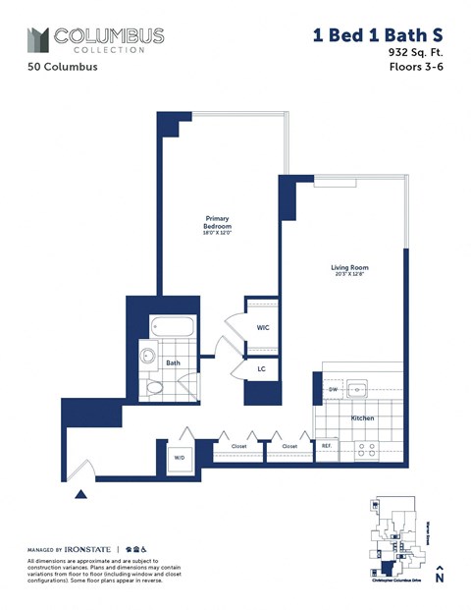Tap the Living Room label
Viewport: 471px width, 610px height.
tap(347, 266)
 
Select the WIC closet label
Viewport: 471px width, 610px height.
tap(262, 327)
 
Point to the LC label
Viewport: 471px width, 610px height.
tap(262, 368)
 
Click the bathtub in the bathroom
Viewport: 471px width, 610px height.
tap(175, 328)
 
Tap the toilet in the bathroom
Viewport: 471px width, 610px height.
tap(155, 388)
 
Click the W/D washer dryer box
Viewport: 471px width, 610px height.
tap(180, 457)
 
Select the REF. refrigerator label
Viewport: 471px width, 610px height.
tap(327, 445)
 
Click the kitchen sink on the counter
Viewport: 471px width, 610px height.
tap(360, 389)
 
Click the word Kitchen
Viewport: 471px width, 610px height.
tap(363, 418)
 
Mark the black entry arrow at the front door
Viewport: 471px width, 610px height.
tap(83, 479)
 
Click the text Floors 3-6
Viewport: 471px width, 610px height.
tap(417, 68)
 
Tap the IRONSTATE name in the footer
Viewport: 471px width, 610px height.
tap(85, 548)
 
